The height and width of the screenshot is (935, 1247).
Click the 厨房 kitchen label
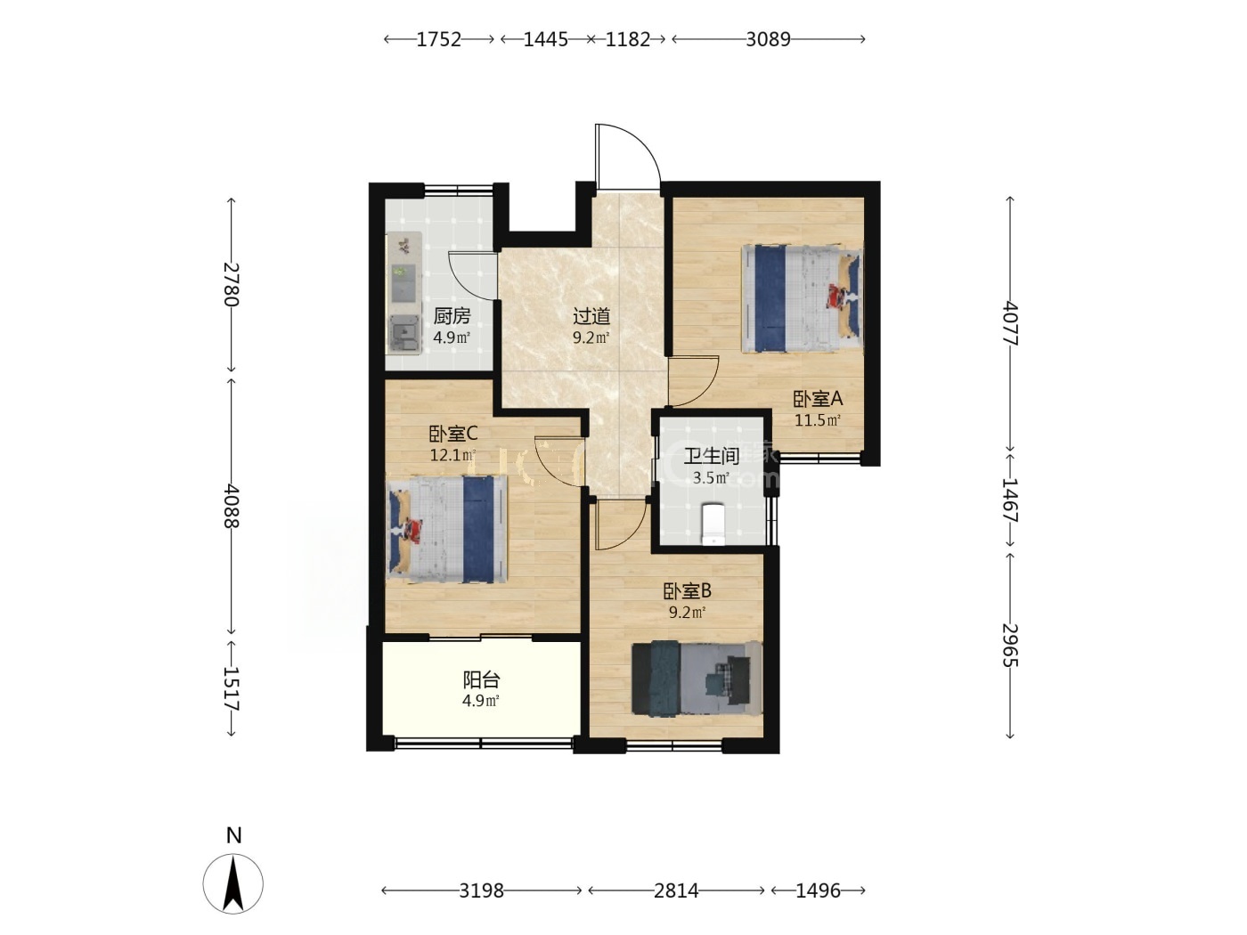[452, 315]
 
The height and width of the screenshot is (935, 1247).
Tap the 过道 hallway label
[591, 315]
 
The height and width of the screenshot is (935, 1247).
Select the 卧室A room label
[818, 399]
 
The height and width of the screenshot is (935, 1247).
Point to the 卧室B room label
[688, 591]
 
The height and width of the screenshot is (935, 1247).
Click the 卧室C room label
[452, 435]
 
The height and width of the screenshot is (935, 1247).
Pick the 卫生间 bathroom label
[712, 456]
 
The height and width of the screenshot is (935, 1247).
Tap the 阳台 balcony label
[481, 679]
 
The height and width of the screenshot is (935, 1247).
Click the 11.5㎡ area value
[818, 420]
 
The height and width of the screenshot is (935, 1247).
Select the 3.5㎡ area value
[712, 478]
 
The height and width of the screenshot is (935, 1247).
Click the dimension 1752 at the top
[438, 39]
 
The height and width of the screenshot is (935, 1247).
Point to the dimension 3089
[768, 39]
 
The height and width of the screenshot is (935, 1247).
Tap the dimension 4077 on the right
[1010, 323]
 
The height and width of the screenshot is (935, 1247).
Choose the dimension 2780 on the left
[232, 284]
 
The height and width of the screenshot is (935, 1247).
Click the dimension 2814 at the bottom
[676, 890]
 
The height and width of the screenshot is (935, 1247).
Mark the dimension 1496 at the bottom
[818, 890]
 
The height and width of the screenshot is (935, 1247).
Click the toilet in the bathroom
[713, 524]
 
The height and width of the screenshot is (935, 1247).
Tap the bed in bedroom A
[803, 298]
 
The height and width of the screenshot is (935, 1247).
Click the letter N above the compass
[234, 835]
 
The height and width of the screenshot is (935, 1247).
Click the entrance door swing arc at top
[643, 141]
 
